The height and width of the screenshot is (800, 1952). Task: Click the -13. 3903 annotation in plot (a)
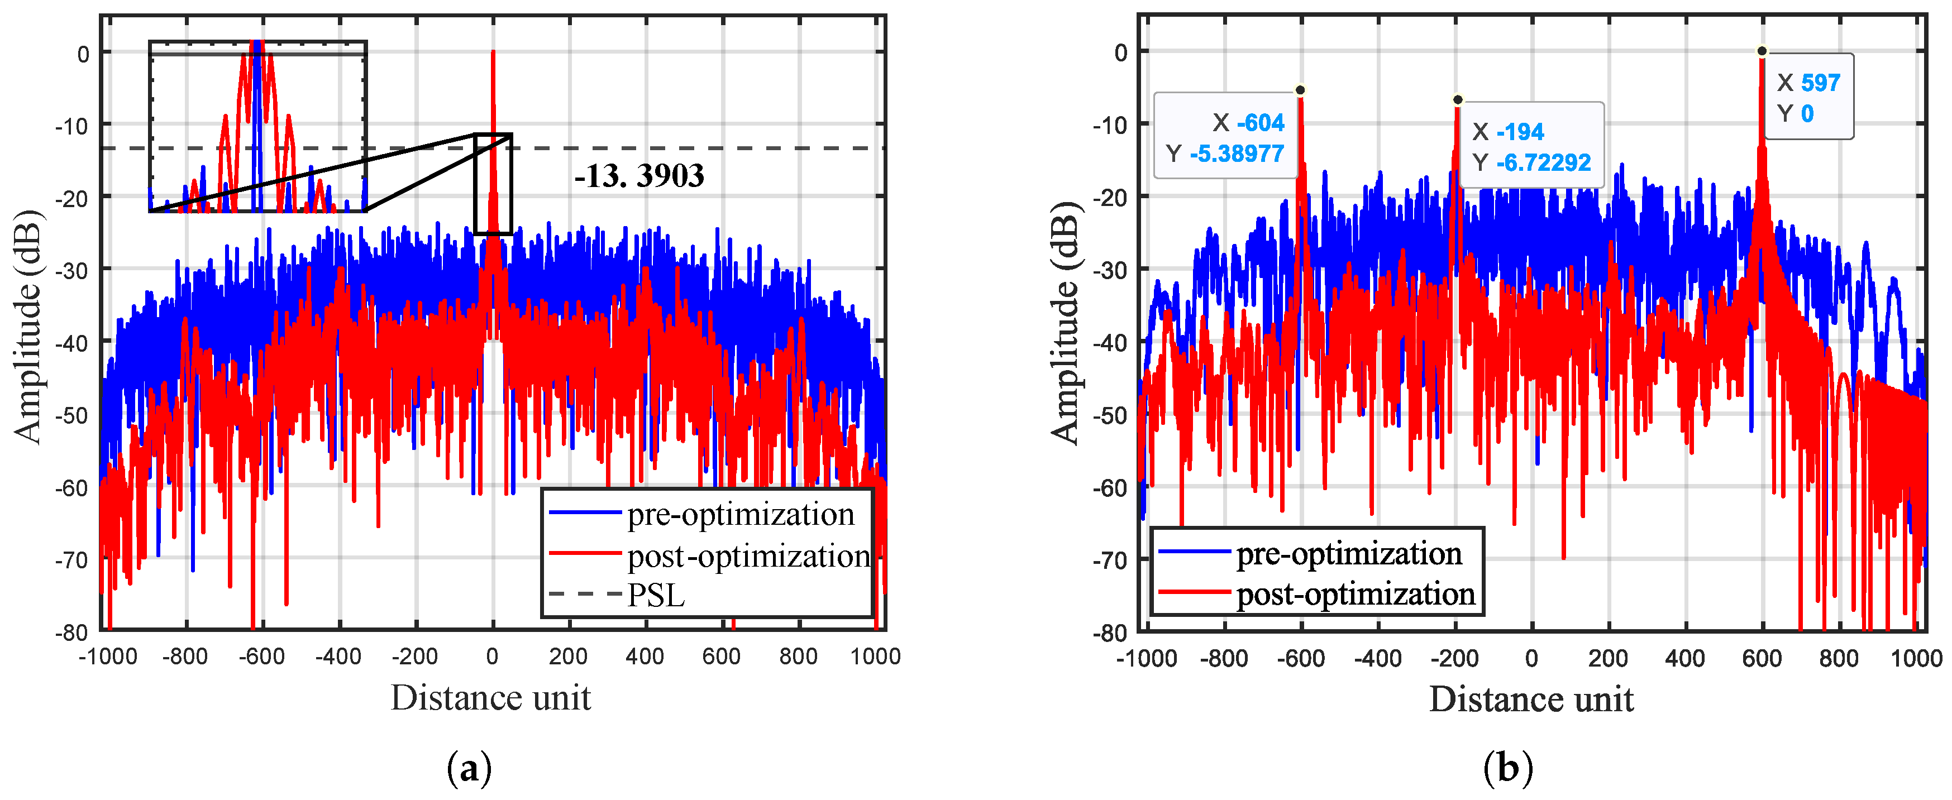pyautogui.click(x=639, y=176)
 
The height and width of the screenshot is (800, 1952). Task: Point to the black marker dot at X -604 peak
pyautogui.click(x=1300, y=90)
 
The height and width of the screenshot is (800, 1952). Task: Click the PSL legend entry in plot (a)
pyautogui.click(x=656, y=596)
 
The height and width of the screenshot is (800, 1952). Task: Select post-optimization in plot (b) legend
pyautogui.click(x=1355, y=593)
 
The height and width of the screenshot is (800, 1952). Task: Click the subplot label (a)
pyautogui.click(x=469, y=768)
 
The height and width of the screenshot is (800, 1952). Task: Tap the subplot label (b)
pyautogui.click(x=1507, y=768)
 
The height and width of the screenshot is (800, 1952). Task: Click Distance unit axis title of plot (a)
pyautogui.click(x=490, y=698)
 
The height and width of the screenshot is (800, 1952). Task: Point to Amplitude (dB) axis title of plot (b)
pyautogui.click(x=1065, y=323)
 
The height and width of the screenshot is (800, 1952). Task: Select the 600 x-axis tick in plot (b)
pyautogui.click(x=1761, y=658)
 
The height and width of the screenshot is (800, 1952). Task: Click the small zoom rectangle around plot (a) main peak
pyautogui.click(x=493, y=184)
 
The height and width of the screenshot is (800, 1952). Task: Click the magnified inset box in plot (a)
pyautogui.click(x=257, y=127)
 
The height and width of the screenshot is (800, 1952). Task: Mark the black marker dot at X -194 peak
pyautogui.click(x=1457, y=100)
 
